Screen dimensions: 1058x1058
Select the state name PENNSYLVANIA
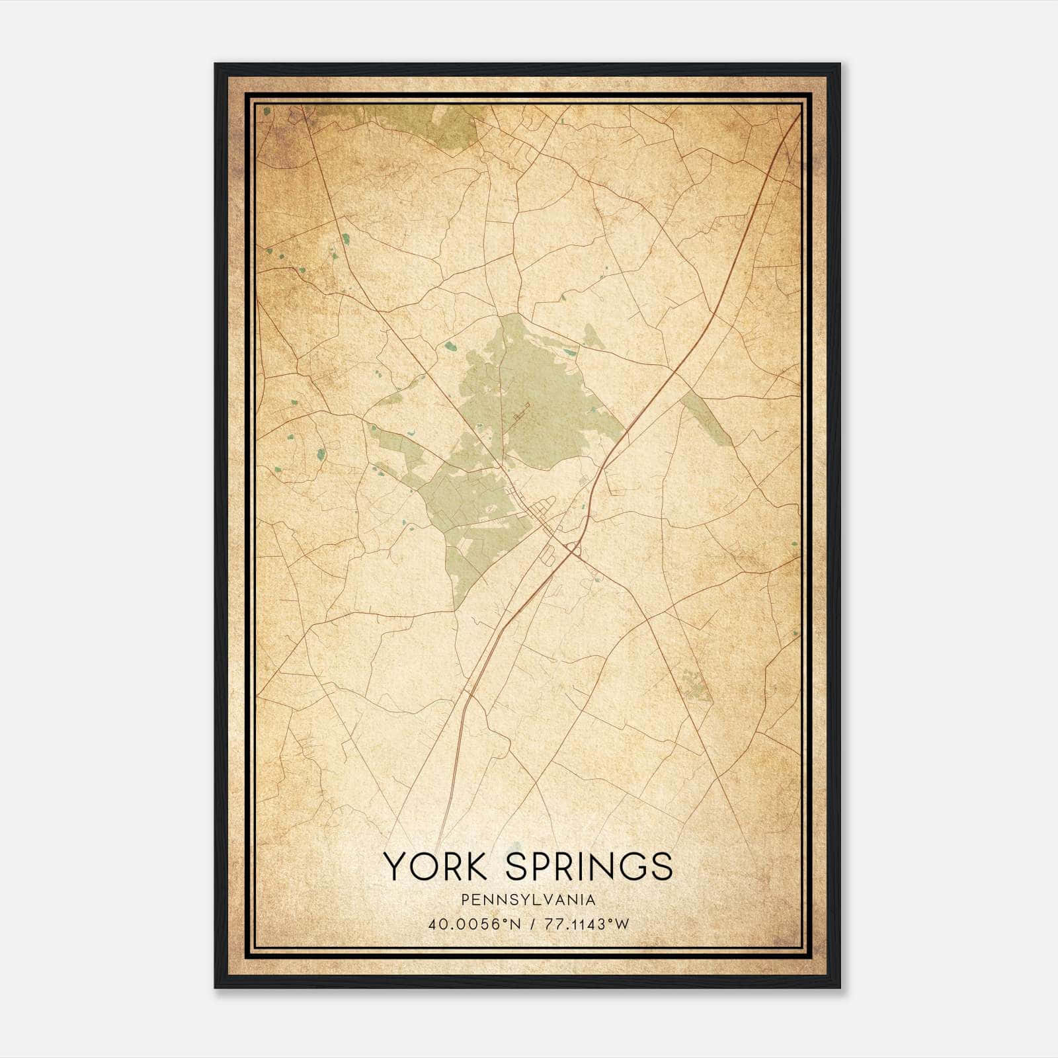point(528,900)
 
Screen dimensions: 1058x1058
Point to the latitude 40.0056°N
point(469,924)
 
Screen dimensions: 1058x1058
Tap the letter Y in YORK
point(395,866)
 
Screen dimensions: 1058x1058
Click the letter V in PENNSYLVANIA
point(544,900)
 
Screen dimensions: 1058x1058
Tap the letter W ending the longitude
point(622,924)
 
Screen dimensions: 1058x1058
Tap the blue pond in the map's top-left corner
point(266,112)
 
